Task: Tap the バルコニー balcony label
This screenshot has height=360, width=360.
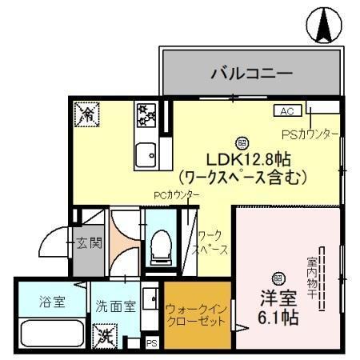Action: click(250, 74)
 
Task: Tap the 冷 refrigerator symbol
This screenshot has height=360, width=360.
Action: click(85, 114)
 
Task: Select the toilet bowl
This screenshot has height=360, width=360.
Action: click(159, 244)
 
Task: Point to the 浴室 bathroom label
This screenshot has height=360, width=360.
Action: click(52, 302)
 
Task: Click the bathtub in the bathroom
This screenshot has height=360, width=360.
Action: click(52, 334)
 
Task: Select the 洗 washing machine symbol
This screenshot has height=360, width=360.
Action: click(104, 334)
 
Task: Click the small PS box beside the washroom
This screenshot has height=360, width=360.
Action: click(152, 344)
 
